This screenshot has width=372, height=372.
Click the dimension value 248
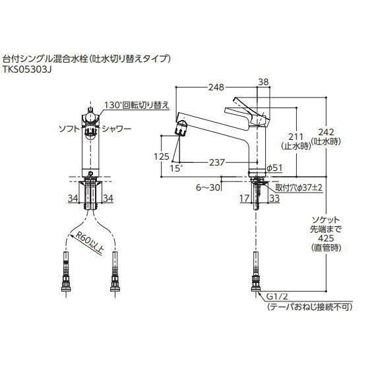[x=212, y=86]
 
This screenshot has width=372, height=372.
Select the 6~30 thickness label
[x=208, y=187]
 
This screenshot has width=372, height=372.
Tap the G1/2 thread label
[x=278, y=297]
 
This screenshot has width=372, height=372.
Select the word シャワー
[x=118, y=129]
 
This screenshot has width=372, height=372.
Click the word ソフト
[x=69, y=129]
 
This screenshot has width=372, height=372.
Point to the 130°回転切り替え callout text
[x=137, y=105]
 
